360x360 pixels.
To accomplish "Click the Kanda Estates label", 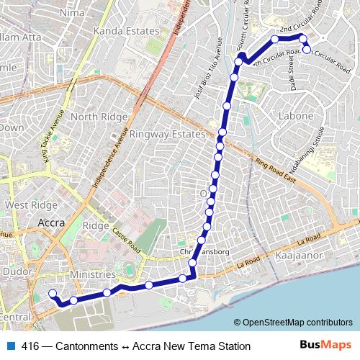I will coord(126,31).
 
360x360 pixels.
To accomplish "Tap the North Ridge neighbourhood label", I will coord(94,117).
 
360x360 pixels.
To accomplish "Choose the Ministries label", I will coord(93,275).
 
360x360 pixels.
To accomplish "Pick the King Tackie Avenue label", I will coord(53,137).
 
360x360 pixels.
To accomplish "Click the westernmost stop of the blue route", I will coord(52,293).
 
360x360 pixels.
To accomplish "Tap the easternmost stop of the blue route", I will coord(307,50).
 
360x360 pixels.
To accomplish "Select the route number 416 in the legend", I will coord(30,346).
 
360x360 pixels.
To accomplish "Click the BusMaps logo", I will coord(330,346).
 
